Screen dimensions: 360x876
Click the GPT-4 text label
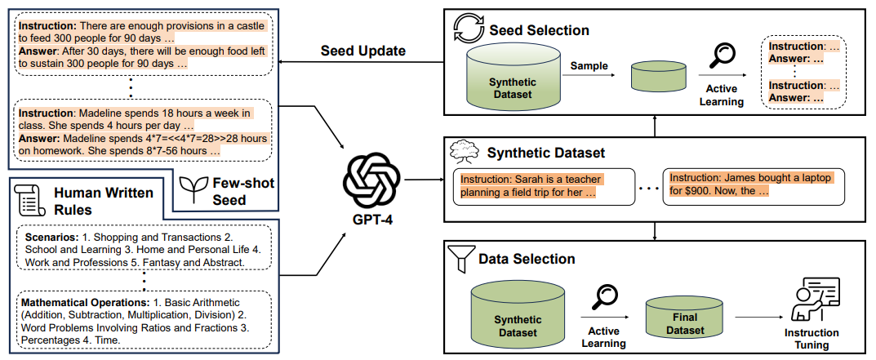click(x=373, y=219)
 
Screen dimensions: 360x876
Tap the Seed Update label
click(x=362, y=51)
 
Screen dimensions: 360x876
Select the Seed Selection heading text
click(x=539, y=31)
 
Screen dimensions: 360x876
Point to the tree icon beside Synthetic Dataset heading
click(x=462, y=151)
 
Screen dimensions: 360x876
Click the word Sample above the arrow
click(x=589, y=65)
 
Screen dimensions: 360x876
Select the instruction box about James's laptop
click(x=752, y=186)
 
